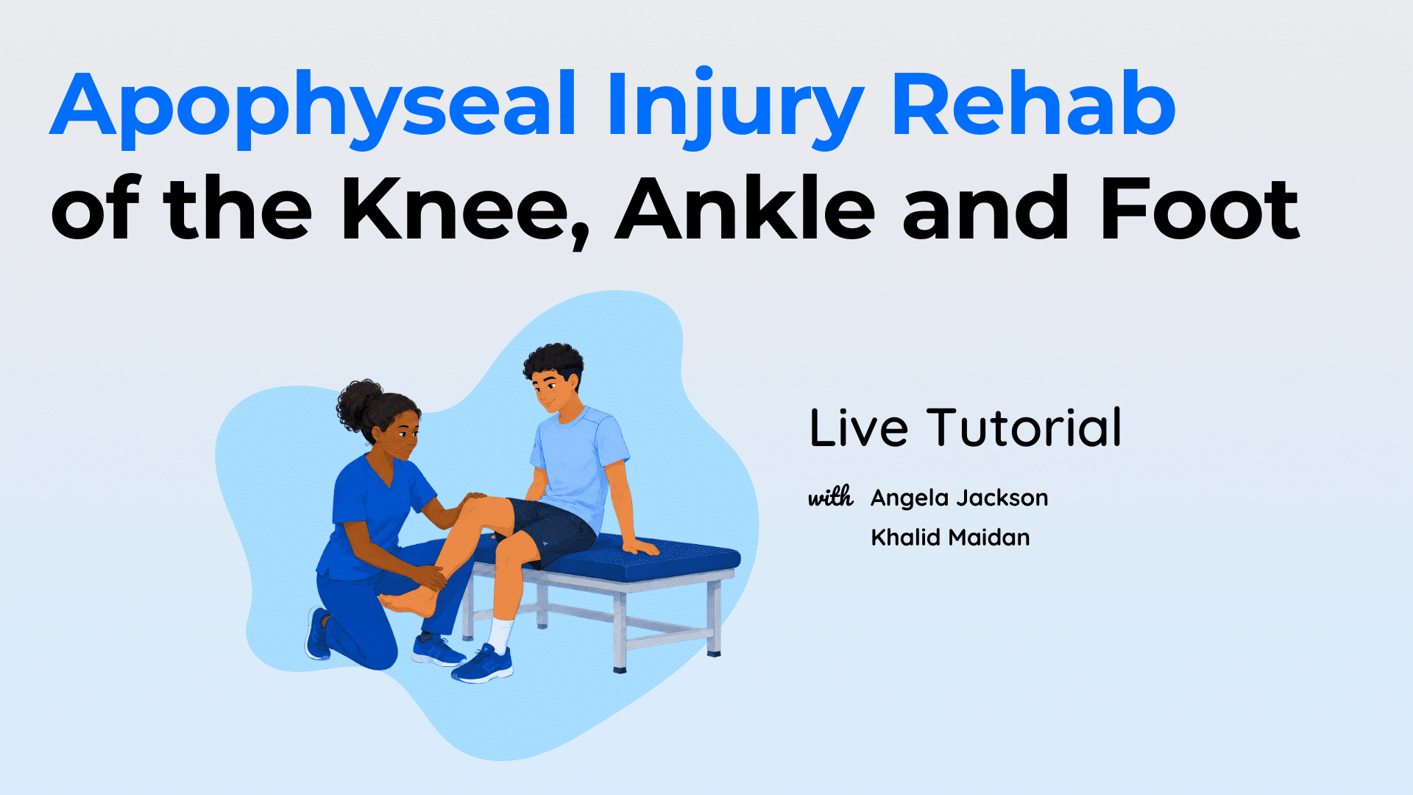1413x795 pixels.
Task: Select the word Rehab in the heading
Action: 1033,104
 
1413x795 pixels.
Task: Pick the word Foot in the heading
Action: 1200,209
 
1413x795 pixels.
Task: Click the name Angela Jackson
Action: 960,498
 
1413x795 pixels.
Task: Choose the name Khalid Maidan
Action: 950,537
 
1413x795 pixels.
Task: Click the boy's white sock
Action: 500,635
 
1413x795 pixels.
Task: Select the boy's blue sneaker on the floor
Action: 483,663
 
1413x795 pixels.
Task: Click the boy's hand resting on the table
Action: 639,546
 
